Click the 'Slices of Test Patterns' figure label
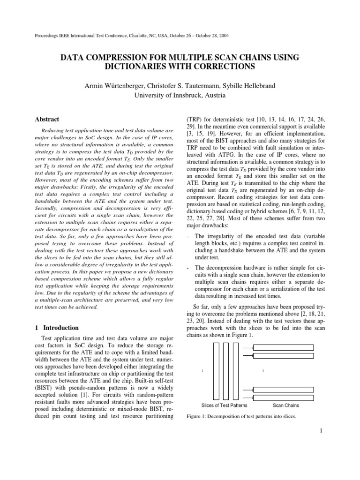click(x=224, y=405)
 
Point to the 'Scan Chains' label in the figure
click(x=286, y=405)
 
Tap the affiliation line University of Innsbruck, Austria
click(x=180, y=95)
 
